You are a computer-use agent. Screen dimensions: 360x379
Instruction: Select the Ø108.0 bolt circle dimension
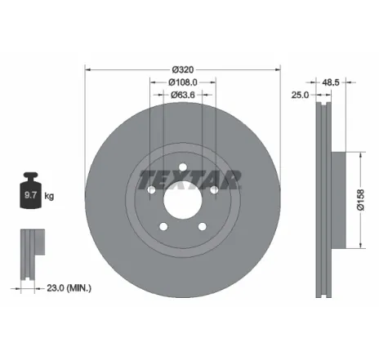pyautogui.click(x=183, y=82)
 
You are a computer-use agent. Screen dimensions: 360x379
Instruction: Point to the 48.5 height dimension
pyautogui.click(x=331, y=82)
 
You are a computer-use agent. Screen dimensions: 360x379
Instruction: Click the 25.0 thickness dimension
pyautogui.click(x=300, y=95)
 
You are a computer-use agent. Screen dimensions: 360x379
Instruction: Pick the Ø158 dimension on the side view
pyautogui.click(x=359, y=200)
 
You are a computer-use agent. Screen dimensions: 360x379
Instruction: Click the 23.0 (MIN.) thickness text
pyautogui.click(x=68, y=287)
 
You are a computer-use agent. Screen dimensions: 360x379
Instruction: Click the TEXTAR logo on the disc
pyautogui.click(x=189, y=178)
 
